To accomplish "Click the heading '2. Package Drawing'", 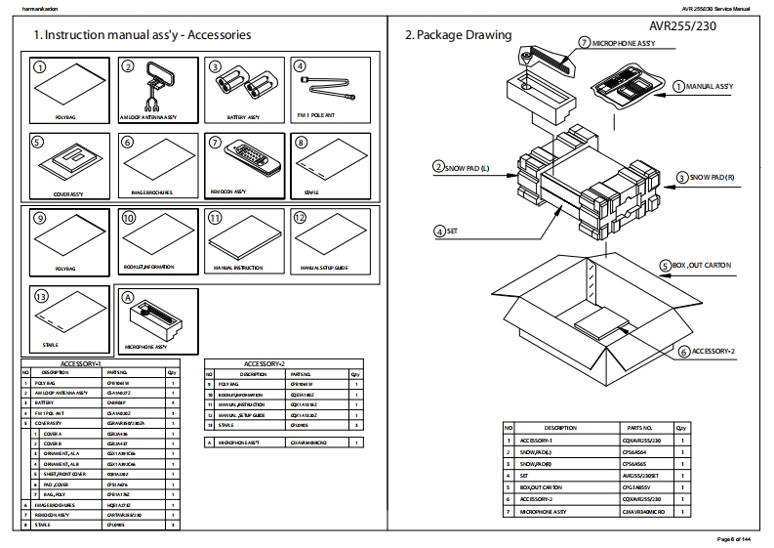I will [458, 35].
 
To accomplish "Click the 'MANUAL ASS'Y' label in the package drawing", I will [708, 86].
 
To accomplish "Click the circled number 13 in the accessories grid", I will [40, 297].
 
